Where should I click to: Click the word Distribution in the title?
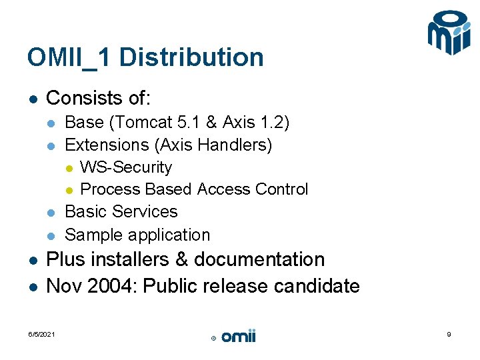click(191, 57)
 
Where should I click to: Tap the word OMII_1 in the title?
click(69, 57)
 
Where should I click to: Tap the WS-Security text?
click(125, 167)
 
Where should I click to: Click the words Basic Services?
click(121, 212)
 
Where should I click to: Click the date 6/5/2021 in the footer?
click(41, 335)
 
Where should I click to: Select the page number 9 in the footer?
click(449, 335)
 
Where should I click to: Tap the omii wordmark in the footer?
click(238, 337)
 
